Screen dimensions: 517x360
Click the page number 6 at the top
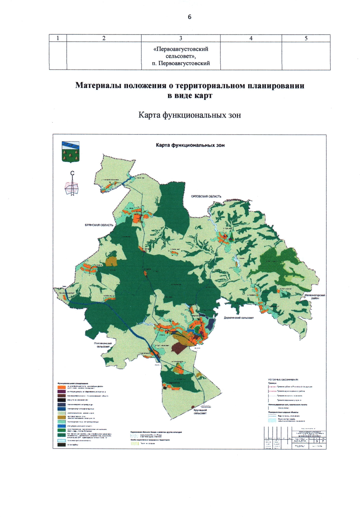click(x=189, y=17)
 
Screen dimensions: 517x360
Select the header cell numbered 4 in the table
click(x=251, y=38)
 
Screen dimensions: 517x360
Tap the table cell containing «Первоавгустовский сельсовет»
click(x=181, y=56)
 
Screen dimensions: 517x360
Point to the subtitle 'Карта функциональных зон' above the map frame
click(x=189, y=115)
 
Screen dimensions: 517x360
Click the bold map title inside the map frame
click(x=190, y=145)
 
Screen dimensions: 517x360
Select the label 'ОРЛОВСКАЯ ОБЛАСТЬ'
click(x=206, y=196)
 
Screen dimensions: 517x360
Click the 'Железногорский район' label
click(x=315, y=297)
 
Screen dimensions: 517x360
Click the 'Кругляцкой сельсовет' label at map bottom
click(x=200, y=412)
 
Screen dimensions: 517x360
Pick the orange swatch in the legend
click(x=62, y=387)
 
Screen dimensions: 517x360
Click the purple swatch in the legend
click(x=62, y=392)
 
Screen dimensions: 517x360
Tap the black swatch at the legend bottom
click(x=62, y=445)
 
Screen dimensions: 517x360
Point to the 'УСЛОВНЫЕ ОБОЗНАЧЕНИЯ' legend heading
click(x=283, y=379)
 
